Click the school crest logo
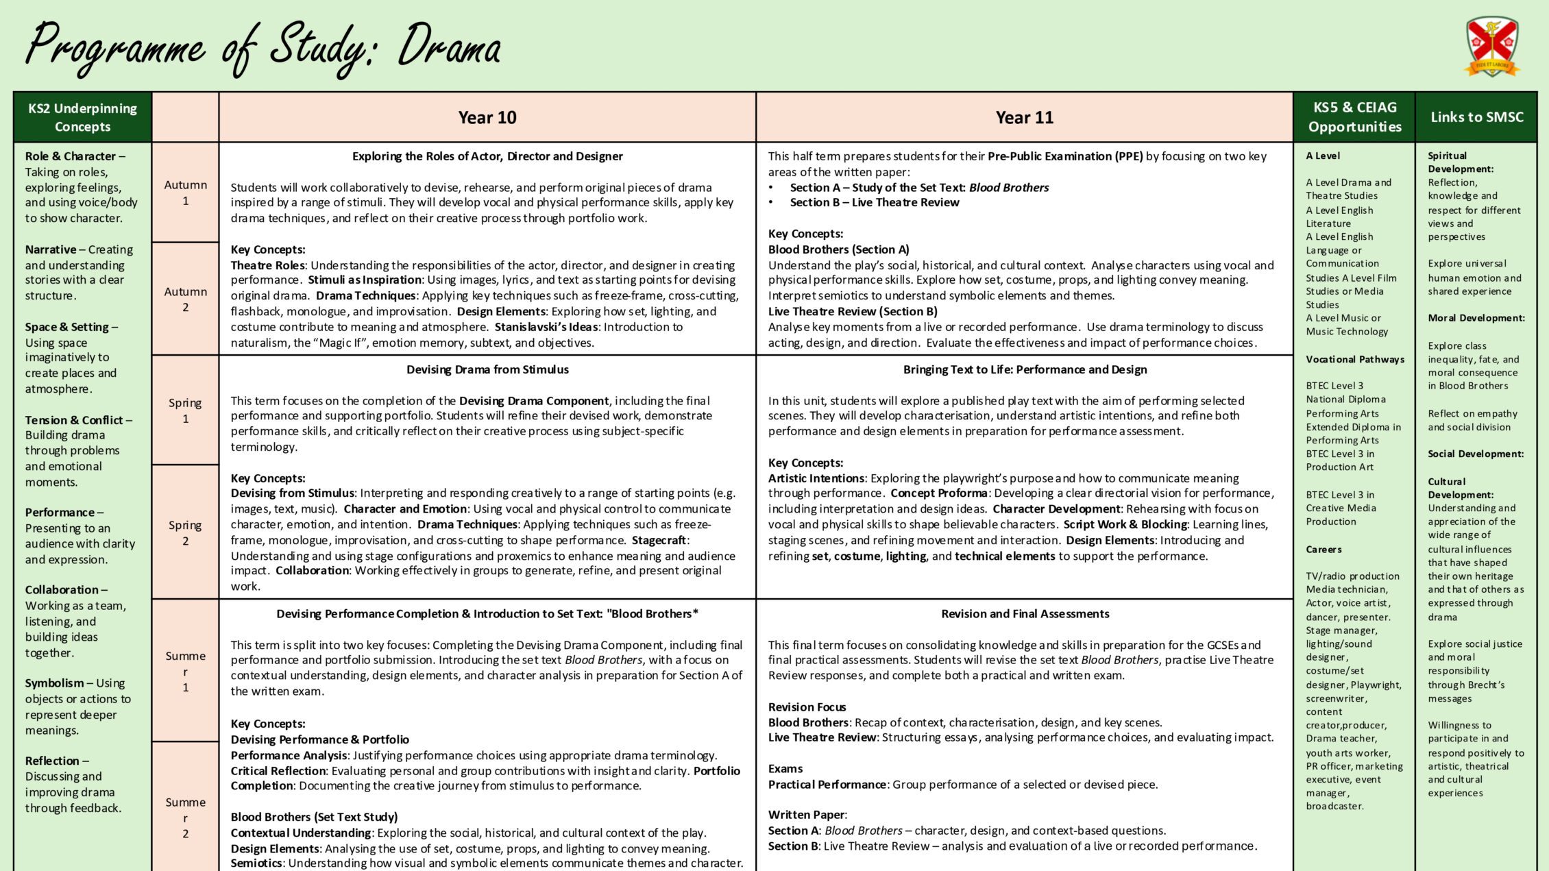pyautogui.click(x=1491, y=46)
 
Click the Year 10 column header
pyautogui.click(x=487, y=117)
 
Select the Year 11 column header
pyautogui.click(x=1024, y=117)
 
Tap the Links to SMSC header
pyautogui.click(x=1476, y=117)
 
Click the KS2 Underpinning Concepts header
pyautogui.click(x=82, y=117)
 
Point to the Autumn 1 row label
pyautogui.click(x=185, y=193)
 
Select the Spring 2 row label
pyautogui.click(x=185, y=532)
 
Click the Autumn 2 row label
pyautogui.click(x=185, y=299)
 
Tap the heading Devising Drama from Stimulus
pyautogui.click(x=487, y=369)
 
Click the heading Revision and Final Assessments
pyautogui.click(x=1025, y=614)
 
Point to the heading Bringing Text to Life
pyautogui.click(x=1025, y=369)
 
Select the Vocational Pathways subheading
pyautogui.click(x=1354, y=359)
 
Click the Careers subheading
pyautogui.click(x=1324, y=550)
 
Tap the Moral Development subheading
pyautogui.click(x=1476, y=318)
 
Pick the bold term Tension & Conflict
pyautogui.click(x=74, y=420)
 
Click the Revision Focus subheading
pyautogui.click(x=807, y=707)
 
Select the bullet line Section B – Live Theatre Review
pyautogui.click(x=874, y=202)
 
